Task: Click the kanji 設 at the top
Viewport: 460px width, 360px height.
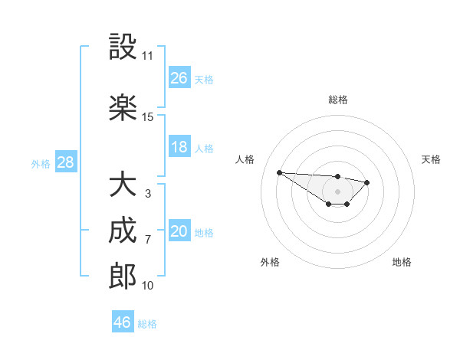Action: click(x=123, y=47)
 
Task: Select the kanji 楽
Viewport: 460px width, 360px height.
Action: click(x=123, y=107)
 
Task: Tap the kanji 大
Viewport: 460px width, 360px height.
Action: click(x=123, y=185)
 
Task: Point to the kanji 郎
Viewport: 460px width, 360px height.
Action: click(x=123, y=277)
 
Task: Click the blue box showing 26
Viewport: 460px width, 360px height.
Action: click(x=179, y=78)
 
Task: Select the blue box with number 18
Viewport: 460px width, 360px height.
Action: click(x=179, y=147)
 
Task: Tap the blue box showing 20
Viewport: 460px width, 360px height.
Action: click(x=179, y=231)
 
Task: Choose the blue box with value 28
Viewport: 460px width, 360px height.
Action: click(x=66, y=162)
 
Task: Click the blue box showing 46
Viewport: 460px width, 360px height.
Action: click(x=123, y=322)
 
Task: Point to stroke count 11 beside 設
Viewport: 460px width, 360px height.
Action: click(x=147, y=56)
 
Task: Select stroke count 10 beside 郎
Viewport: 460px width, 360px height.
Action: click(x=147, y=286)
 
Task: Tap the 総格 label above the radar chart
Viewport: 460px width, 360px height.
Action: click(x=338, y=100)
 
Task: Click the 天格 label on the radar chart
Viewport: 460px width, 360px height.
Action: click(x=431, y=159)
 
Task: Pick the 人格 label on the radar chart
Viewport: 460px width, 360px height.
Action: click(x=245, y=159)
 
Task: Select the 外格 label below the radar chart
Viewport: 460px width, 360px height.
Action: click(x=270, y=262)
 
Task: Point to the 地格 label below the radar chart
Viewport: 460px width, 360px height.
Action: click(x=402, y=262)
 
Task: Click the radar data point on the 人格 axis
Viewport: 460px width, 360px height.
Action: click(x=279, y=172)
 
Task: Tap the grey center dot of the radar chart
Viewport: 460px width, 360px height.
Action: click(x=337, y=191)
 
